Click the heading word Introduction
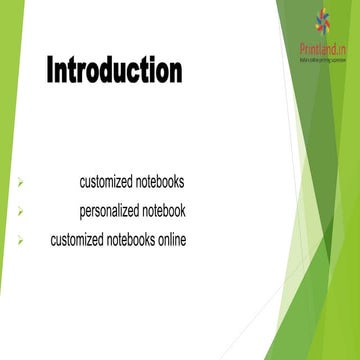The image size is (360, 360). coord(114,71)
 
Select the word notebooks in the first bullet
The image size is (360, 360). coord(160,182)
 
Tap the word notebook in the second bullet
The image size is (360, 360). coord(163,211)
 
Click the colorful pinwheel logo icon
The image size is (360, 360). coord(322,21)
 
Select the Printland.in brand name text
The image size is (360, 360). coord(322,48)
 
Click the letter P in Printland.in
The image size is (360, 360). coord(301,48)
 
